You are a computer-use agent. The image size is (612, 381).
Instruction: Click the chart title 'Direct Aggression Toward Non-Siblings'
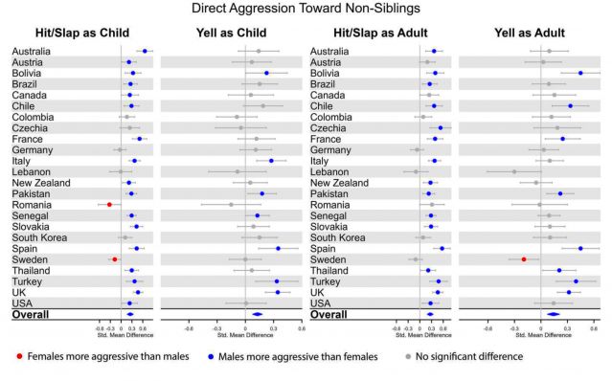(x=306, y=9)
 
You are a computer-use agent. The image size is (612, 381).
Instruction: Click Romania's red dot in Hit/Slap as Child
(x=109, y=205)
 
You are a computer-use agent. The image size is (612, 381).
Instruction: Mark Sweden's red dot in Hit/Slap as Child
(x=115, y=258)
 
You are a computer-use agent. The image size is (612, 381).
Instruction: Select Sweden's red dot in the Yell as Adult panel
(x=524, y=258)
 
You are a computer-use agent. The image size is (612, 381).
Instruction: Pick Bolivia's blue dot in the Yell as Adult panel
(x=580, y=73)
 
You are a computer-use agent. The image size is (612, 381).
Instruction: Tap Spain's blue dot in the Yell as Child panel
(x=279, y=248)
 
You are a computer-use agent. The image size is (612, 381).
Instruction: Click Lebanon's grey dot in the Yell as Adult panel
(x=514, y=172)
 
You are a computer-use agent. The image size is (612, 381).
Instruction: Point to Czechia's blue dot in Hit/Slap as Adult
(x=441, y=127)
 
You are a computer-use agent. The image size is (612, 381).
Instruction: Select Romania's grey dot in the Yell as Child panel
(x=231, y=205)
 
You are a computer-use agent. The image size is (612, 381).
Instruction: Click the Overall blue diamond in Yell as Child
(x=257, y=313)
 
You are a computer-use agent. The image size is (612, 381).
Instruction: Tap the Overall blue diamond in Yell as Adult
(x=554, y=313)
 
